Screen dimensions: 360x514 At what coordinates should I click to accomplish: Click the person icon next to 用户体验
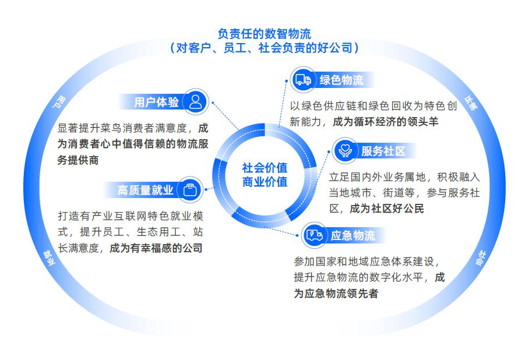(x=196, y=102)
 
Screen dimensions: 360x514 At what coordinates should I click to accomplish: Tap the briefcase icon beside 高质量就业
(x=190, y=189)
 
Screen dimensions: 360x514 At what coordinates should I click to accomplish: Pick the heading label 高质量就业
(x=146, y=190)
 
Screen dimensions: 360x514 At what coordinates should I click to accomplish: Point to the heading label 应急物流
(x=353, y=236)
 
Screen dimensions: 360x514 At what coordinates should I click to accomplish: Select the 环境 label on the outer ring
(x=471, y=103)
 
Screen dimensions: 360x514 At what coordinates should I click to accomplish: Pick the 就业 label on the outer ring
(x=49, y=257)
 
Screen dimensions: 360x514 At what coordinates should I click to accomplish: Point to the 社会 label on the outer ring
(x=482, y=257)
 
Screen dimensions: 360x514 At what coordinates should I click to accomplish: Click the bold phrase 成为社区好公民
(x=386, y=209)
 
